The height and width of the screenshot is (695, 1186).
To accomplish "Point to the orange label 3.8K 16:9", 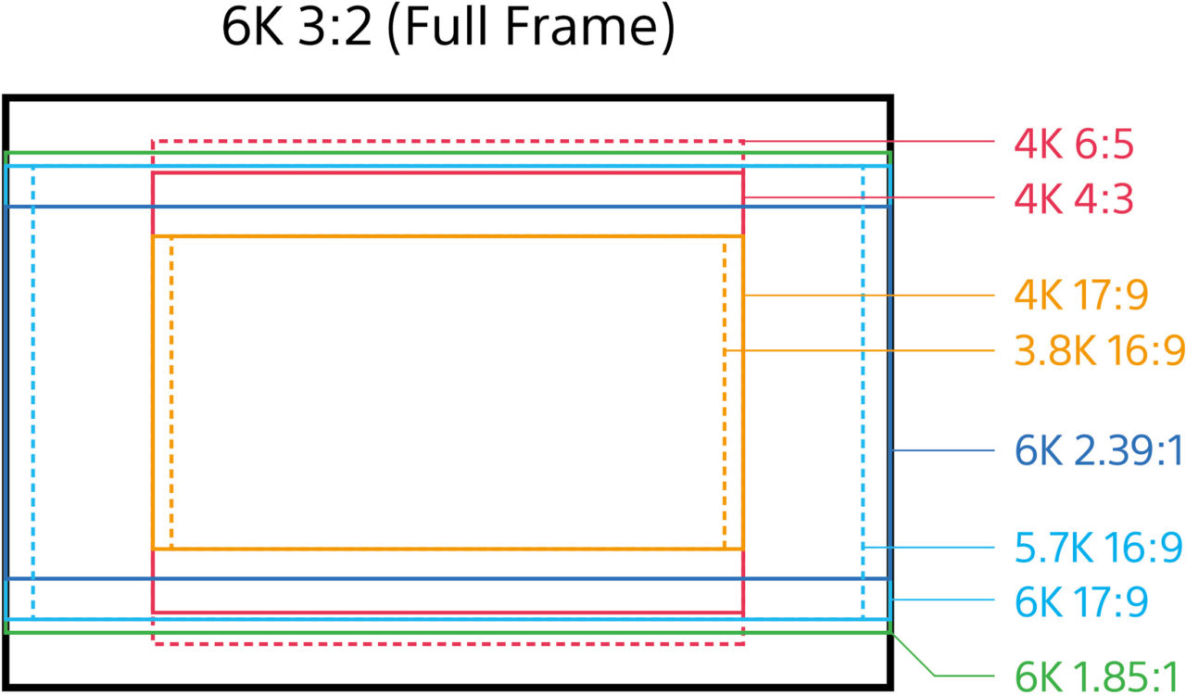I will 1100,350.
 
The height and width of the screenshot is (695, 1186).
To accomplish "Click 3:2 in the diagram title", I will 340,28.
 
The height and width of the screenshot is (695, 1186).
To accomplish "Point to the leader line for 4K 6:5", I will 871,142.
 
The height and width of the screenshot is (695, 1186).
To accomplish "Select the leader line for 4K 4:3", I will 871,197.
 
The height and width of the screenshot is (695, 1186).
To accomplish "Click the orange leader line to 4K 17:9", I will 871,296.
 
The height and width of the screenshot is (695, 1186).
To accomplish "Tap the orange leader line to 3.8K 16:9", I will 862,350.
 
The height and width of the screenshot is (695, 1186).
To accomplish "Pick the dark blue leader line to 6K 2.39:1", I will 945,450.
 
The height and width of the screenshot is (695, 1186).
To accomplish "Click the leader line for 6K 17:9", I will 945,601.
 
